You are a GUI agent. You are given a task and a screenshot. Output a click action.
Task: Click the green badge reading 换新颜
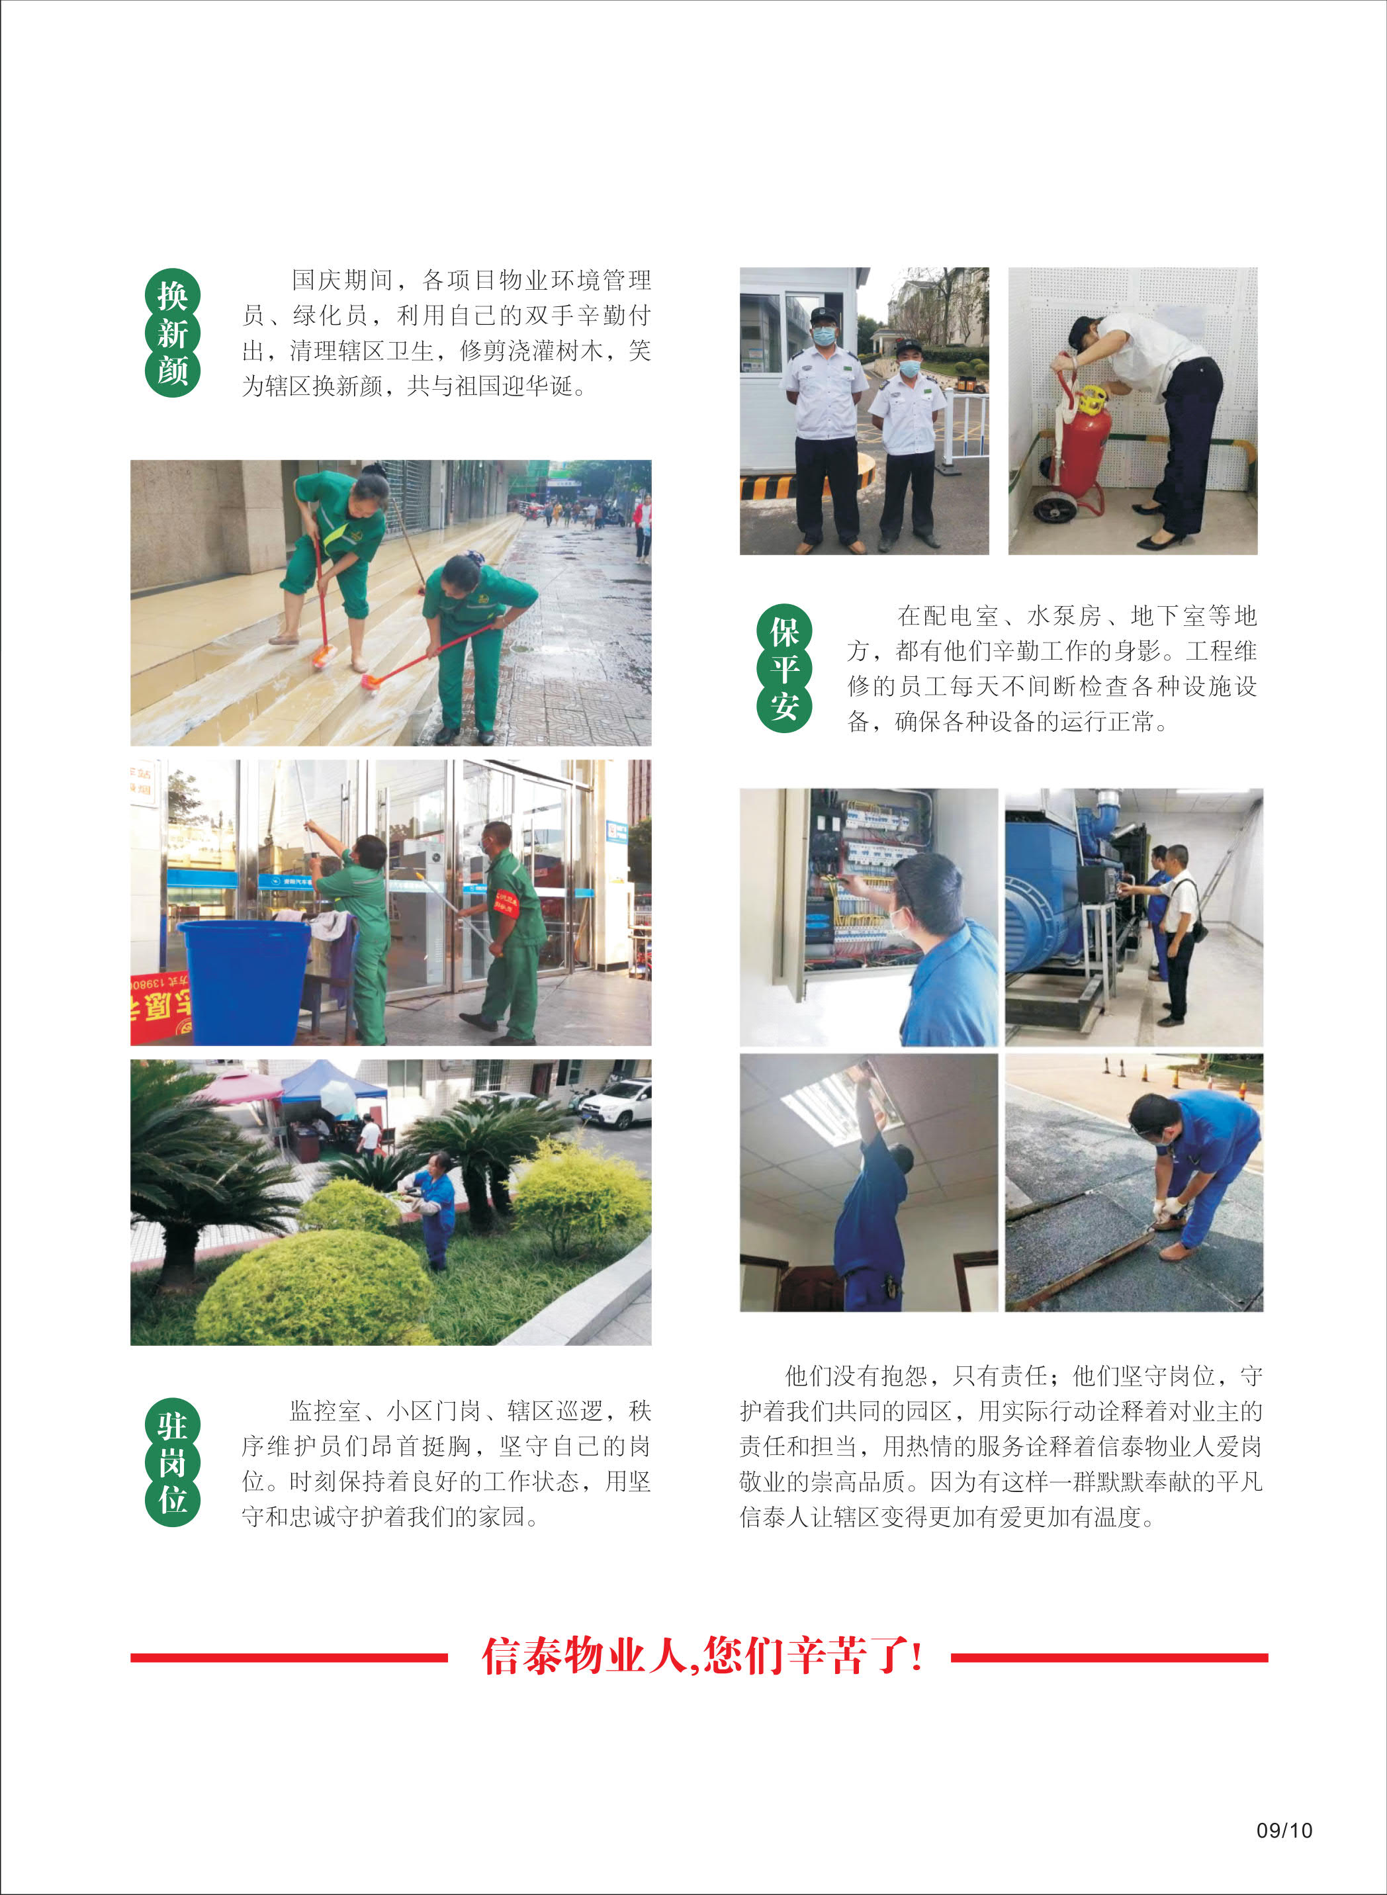(x=172, y=333)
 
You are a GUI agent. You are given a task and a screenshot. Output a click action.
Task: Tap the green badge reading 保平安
(x=784, y=669)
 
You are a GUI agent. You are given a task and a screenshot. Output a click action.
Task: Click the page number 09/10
(x=1284, y=1830)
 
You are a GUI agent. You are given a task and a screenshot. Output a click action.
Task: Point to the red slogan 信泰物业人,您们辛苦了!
(x=702, y=1657)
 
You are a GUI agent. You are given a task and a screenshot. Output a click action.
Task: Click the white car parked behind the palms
(x=615, y=1103)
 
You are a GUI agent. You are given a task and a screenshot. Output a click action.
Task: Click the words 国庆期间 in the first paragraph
(x=341, y=281)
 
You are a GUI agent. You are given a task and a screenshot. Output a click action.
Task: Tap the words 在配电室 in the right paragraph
(x=948, y=616)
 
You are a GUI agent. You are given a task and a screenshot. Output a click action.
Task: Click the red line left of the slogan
(x=289, y=1657)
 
